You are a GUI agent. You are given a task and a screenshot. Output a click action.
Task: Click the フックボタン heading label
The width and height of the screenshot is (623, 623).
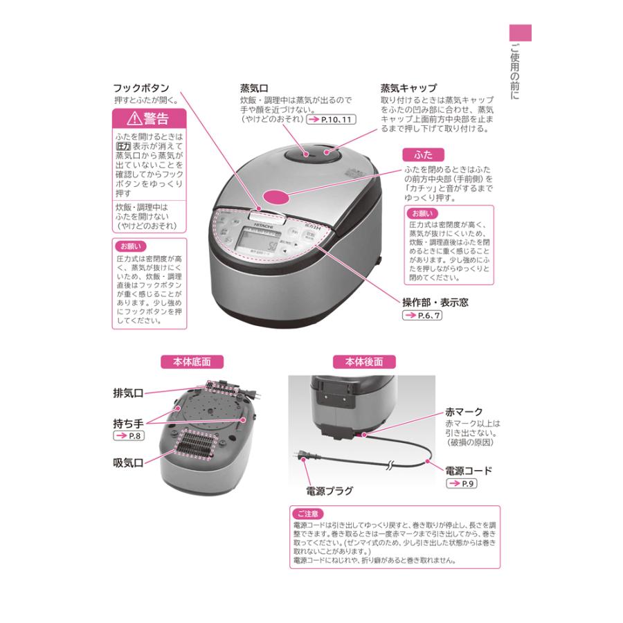coord(141,89)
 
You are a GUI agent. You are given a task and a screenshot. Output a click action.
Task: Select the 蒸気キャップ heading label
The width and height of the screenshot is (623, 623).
coord(408,89)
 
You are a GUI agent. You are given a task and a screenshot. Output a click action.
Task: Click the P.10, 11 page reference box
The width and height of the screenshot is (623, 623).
coord(329,120)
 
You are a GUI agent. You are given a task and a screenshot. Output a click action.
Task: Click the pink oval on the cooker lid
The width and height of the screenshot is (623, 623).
coord(284,197)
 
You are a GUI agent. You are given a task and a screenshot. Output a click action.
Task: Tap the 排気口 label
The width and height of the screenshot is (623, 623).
coord(128,392)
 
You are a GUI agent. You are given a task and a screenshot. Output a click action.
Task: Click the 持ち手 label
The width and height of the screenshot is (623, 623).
coord(128,422)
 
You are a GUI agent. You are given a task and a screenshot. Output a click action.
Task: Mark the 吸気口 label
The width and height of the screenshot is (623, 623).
coord(128,462)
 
